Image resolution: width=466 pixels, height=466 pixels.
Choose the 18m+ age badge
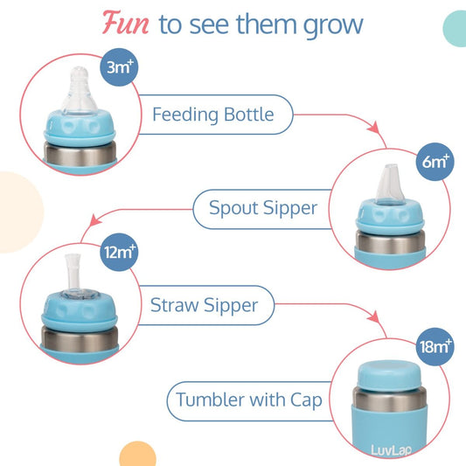[x=435, y=347]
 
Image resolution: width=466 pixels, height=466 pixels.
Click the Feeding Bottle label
[x=212, y=115]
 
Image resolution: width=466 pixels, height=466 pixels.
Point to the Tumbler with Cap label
[x=249, y=400]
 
